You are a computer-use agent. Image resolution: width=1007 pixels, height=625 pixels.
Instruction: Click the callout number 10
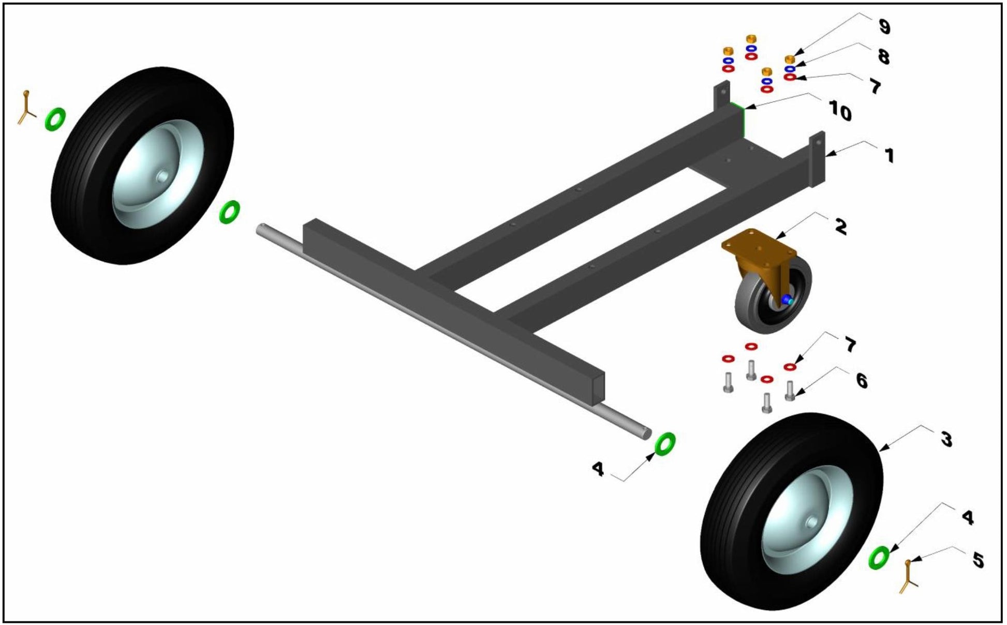[x=840, y=111]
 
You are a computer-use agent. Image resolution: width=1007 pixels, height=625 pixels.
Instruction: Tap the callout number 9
[x=884, y=26]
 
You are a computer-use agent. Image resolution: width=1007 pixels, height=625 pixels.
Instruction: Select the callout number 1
[x=888, y=155]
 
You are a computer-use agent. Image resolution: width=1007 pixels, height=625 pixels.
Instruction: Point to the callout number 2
[x=840, y=226]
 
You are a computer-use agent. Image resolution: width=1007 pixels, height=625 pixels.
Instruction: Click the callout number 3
[x=946, y=439]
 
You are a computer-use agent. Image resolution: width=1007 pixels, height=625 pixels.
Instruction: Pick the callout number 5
[x=978, y=559]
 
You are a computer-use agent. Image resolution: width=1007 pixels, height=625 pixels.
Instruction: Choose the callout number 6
[x=862, y=380]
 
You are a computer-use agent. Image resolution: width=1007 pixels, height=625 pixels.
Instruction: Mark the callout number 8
[x=883, y=56]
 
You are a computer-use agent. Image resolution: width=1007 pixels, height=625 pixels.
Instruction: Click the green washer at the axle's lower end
[x=665, y=443]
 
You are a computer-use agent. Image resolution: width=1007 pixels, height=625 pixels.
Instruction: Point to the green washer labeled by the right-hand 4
[x=878, y=557]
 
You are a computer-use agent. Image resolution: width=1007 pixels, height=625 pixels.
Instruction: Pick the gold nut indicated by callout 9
[x=790, y=59]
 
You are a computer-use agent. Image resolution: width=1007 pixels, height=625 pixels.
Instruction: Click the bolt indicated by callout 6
[x=790, y=390]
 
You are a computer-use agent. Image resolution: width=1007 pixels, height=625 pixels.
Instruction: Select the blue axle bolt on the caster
[x=788, y=300]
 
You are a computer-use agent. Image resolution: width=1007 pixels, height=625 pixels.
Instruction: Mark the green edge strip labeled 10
[x=743, y=121]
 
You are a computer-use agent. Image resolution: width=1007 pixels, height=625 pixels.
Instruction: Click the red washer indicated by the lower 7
[x=789, y=367]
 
